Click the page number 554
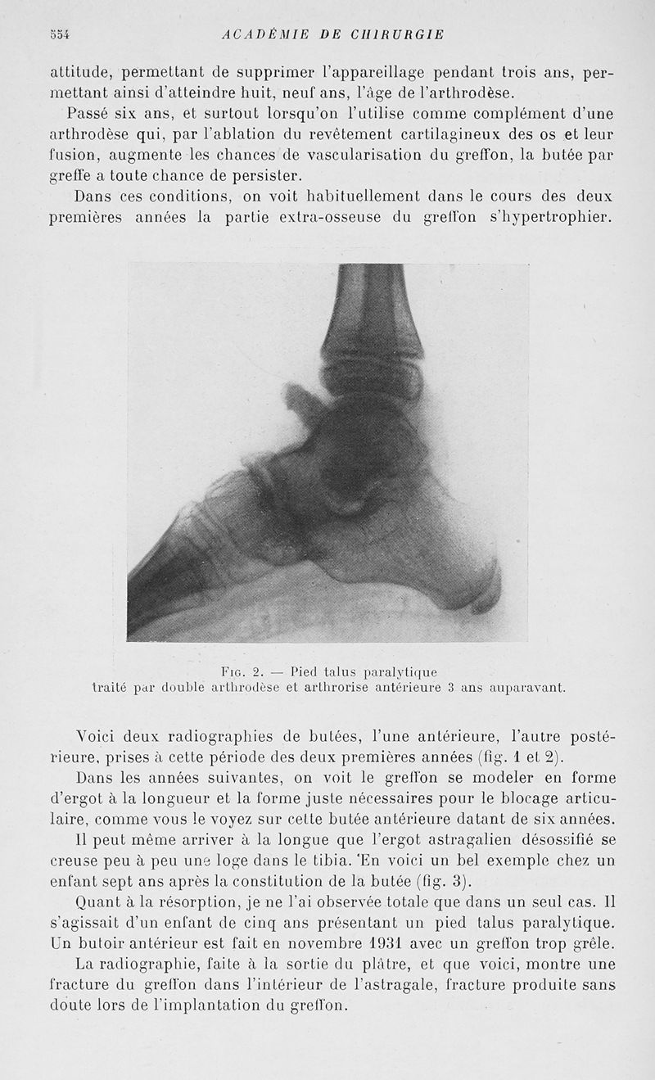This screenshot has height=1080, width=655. tap(60, 34)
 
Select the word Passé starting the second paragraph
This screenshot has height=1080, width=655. tap(99, 113)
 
